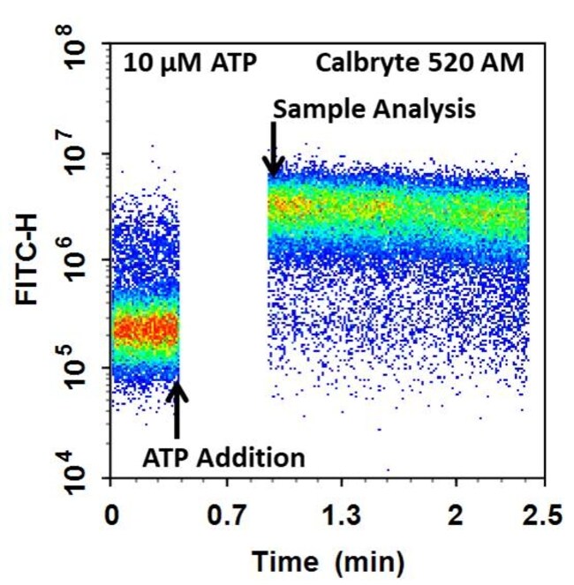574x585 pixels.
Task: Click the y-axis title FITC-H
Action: (x=29, y=262)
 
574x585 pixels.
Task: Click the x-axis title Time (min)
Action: (x=329, y=559)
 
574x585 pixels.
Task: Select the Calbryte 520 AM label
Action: (x=419, y=63)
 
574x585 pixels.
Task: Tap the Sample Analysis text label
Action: (x=374, y=109)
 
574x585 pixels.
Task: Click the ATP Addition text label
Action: (x=223, y=457)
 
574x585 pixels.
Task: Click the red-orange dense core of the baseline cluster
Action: (x=146, y=330)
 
